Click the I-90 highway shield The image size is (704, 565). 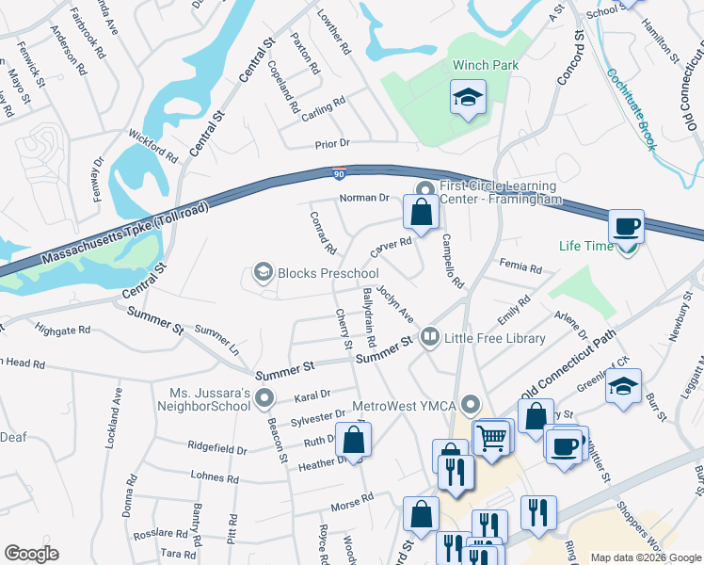(339, 172)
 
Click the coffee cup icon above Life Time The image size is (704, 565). (627, 227)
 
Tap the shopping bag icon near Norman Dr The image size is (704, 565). (422, 212)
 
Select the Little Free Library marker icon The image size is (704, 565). (429, 336)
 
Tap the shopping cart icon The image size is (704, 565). (491, 437)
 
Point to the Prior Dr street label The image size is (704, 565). (332, 143)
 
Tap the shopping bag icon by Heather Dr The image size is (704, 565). (353, 439)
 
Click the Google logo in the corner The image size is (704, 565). (32, 554)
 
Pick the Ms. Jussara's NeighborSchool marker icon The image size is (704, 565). (264, 399)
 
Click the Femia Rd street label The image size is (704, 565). (521, 268)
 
